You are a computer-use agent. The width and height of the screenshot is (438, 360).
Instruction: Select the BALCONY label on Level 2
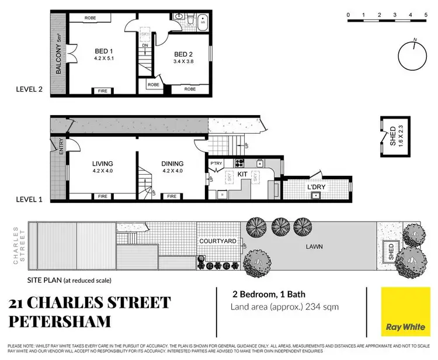(59, 54)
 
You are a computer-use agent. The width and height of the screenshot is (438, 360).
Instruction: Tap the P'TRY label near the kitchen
(217, 164)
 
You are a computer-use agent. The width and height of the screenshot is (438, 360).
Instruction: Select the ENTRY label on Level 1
(60, 146)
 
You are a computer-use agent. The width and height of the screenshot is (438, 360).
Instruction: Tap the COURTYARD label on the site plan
(217, 241)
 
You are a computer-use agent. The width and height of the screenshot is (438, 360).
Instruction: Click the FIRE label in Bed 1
(103, 91)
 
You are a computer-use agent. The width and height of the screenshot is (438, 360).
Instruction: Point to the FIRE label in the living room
(103, 196)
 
